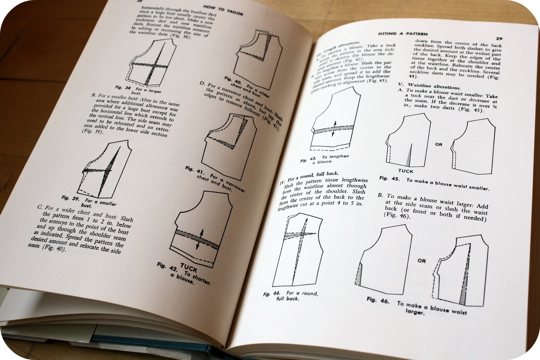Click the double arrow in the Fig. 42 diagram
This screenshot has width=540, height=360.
[200, 239]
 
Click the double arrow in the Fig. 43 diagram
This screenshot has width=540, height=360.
[333, 129]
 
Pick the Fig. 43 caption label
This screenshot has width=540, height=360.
[307, 160]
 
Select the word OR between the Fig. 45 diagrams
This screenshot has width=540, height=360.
[438, 144]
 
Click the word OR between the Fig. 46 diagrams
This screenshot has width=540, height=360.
[422, 260]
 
